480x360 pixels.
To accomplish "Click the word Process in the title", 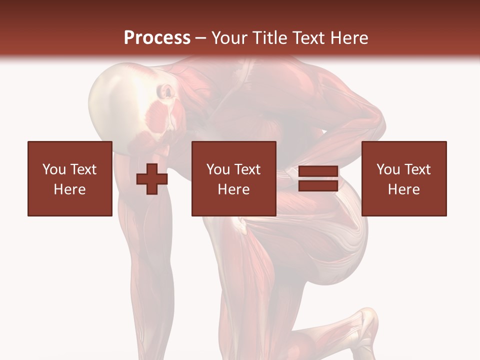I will click(x=157, y=38).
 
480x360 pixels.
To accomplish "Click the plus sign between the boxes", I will click(x=152, y=179).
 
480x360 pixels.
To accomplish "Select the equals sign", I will click(x=318, y=179).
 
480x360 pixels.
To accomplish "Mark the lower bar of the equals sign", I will click(x=318, y=186).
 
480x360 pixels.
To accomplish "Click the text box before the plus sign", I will click(x=69, y=178).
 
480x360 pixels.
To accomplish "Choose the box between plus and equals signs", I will click(x=233, y=178).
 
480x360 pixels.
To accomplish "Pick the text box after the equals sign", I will click(x=403, y=178).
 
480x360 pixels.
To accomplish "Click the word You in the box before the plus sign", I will click(x=54, y=169).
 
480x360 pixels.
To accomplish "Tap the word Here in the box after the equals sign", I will click(x=403, y=189).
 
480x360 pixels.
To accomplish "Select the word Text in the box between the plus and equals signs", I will click(x=247, y=169).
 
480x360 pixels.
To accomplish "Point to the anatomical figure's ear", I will click(x=165, y=91).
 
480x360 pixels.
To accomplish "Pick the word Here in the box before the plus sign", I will click(x=69, y=189).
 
